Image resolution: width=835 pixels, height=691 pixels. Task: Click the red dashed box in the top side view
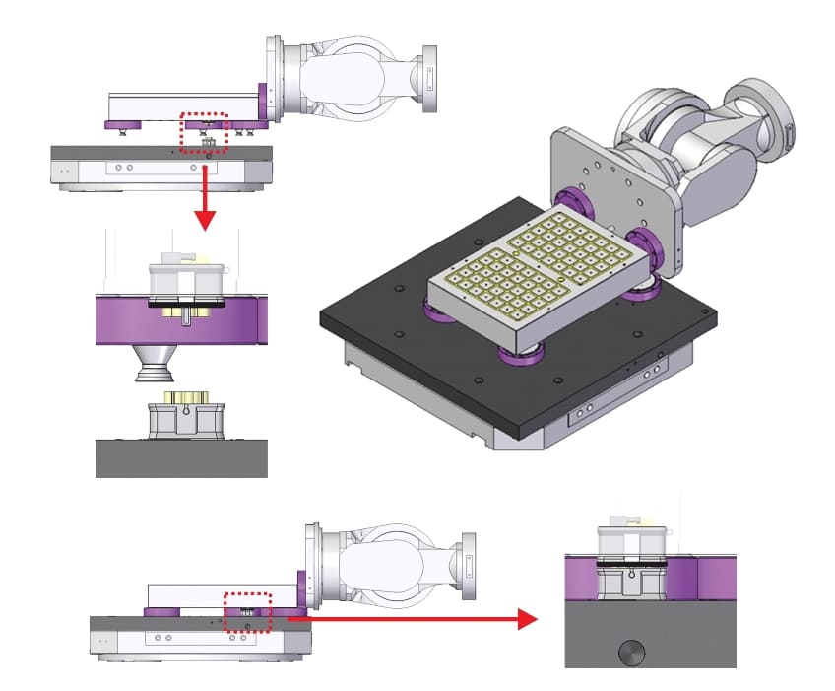[x=204, y=132]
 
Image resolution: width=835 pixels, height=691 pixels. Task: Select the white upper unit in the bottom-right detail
[x=630, y=541]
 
